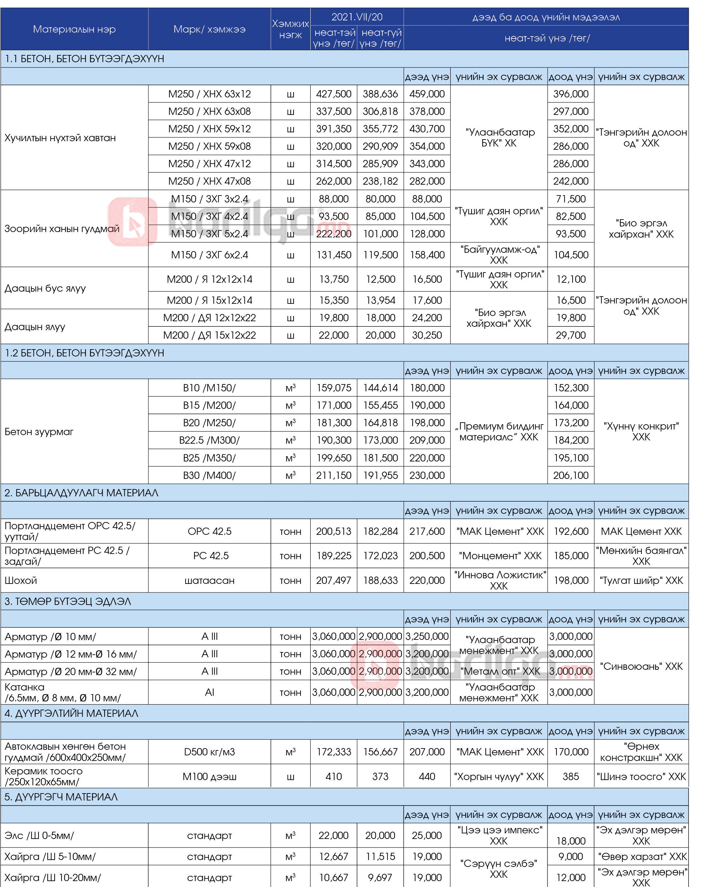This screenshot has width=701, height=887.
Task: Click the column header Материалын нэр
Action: pos(74,29)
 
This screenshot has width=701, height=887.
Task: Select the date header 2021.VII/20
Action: pos(357,17)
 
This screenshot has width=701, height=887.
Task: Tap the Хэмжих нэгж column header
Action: pos(290,29)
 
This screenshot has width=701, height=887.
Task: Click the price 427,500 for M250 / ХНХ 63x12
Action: pos(333,94)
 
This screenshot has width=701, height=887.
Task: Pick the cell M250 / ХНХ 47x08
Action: pos(209,181)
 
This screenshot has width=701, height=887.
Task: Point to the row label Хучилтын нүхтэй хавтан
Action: pos(60,138)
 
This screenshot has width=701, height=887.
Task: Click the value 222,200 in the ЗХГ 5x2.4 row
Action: pos(333,234)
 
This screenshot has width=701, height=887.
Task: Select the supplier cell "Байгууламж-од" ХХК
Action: pos(499,255)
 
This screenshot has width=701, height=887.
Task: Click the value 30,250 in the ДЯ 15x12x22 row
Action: pos(427,335)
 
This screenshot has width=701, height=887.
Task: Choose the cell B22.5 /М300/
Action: pos(209,440)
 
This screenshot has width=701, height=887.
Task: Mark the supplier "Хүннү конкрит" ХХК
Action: pos(641,431)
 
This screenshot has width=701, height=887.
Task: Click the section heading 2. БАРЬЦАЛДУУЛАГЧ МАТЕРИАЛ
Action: pos(81,493)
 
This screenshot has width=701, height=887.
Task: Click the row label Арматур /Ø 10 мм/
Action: pos(50,637)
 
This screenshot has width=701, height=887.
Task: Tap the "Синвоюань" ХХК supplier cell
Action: pos(641,666)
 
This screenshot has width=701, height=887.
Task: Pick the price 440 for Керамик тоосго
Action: pos(427,777)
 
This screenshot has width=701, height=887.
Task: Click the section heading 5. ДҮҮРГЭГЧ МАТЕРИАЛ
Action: pos(61,797)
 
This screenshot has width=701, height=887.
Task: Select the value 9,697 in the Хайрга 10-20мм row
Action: pos(380,877)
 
